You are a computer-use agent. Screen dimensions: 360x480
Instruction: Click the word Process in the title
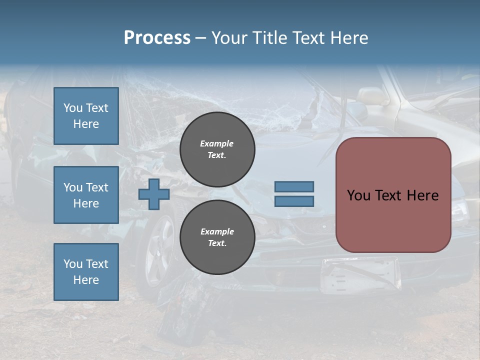(157, 38)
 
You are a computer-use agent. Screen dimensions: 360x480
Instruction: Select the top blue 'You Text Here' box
(86, 116)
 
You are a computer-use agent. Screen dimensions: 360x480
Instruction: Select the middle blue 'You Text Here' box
(86, 195)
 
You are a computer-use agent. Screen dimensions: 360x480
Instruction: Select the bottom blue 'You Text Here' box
(86, 271)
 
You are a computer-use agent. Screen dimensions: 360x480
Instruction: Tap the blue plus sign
(154, 194)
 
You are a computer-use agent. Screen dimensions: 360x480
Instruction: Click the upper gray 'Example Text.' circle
(217, 149)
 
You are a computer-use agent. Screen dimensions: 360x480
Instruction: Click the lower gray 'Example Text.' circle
(217, 237)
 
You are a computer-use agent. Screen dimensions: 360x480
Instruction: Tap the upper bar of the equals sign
(294, 186)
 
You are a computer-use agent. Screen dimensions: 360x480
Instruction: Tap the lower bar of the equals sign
(294, 201)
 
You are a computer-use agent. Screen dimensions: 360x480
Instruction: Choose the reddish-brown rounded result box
(393, 195)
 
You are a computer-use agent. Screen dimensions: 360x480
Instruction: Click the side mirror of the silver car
(370, 95)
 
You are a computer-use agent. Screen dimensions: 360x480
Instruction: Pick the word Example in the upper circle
(216, 143)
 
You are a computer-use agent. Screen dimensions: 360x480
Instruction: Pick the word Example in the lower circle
(217, 231)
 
